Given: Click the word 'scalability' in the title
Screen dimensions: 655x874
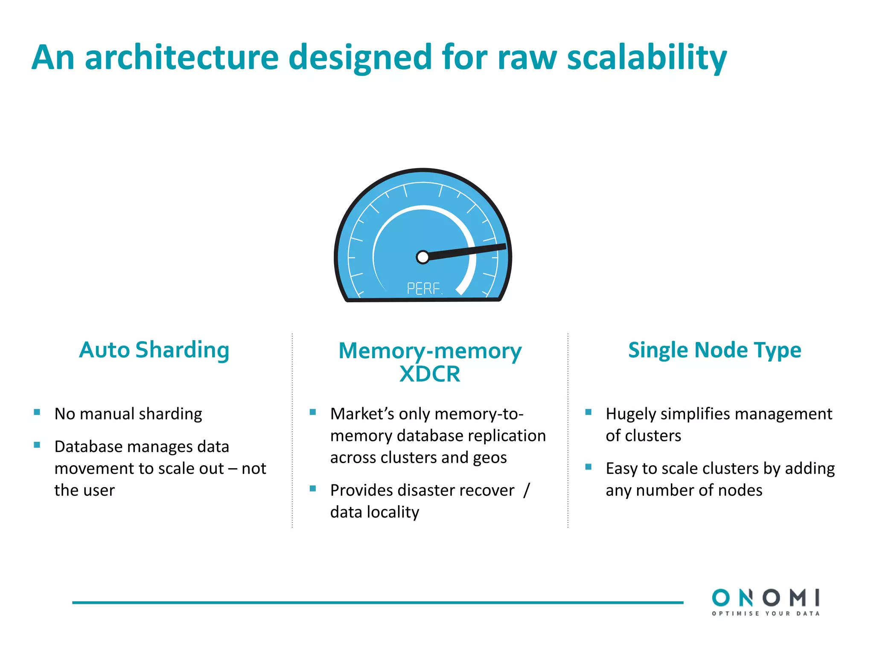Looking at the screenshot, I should point(646,58).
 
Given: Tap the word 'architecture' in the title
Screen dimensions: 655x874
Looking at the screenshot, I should point(181,58).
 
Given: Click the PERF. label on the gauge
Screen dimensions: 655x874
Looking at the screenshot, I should point(424,289).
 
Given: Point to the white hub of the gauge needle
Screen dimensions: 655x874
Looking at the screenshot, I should point(422,257).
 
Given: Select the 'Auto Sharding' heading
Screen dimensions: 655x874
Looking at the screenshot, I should point(154,350).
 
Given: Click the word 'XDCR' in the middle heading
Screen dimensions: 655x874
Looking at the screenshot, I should point(430,374).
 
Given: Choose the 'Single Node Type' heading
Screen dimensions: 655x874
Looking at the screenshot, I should point(714,350).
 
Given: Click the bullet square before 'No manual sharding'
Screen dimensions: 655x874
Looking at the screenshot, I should point(37,412).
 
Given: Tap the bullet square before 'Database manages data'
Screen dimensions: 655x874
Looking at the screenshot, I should point(37,445).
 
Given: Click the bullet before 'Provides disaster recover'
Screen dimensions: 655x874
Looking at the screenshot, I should point(313,488).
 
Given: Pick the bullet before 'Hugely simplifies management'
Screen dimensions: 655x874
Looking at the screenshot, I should point(588,412).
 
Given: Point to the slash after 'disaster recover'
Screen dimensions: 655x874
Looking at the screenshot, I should point(527,490).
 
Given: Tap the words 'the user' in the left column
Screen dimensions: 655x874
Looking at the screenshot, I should point(84,490).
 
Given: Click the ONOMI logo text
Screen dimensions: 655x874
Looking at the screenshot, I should point(765,597).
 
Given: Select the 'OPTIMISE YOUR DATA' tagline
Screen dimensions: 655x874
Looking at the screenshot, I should point(765,614).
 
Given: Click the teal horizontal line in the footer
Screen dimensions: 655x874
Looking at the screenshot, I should point(378,603).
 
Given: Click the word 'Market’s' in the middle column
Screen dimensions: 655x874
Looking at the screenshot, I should point(362,414).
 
